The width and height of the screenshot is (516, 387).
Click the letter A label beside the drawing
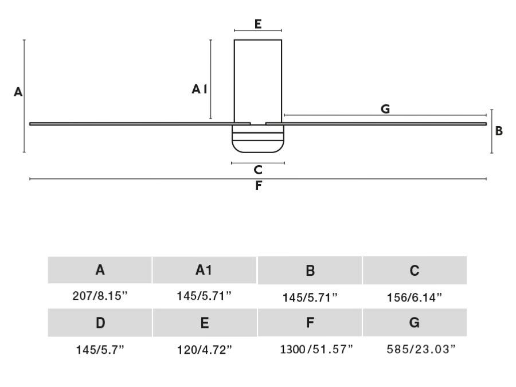tap(18, 92)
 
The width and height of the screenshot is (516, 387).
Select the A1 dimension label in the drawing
tap(199, 89)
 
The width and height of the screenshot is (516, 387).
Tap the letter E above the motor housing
tap(258, 24)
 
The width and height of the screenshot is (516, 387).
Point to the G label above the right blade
tap(385, 109)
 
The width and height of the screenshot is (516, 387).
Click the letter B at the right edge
tap(499, 131)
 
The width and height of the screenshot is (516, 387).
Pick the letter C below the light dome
tap(258, 170)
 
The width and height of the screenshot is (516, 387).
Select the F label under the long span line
tap(259, 186)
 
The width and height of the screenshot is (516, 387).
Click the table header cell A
tap(100, 270)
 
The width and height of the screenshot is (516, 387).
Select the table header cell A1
tap(204, 270)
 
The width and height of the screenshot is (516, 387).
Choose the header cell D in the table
tap(100, 323)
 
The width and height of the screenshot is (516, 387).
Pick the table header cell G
tap(415, 323)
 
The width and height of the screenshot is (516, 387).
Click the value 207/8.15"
tap(100, 296)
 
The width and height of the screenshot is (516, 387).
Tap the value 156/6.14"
tap(415, 298)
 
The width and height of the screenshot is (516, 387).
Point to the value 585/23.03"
tap(415, 349)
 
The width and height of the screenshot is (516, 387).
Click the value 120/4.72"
tap(204, 350)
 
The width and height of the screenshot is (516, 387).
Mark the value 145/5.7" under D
tap(100, 350)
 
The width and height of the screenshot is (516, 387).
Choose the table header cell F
tap(310, 323)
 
